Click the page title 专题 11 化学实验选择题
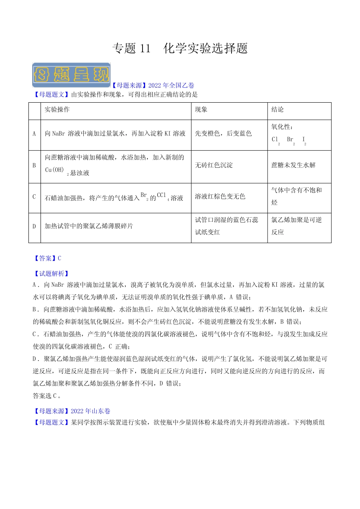(x=180, y=48)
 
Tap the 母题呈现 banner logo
(x=71, y=75)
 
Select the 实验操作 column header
(x=57, y=109)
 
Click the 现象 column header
(x=201, y=109)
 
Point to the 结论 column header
(x=277, y=109)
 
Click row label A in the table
(x=34, y=134)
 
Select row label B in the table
(x=34, y=166)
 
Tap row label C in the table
(x=34, y=197)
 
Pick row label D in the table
(x=34, y=226)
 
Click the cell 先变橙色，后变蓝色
(x=223, y=134)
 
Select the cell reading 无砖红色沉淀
(x=214, y=166)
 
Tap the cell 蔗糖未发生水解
(x=293, y=166)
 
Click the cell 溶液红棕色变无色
(x=220, y=197)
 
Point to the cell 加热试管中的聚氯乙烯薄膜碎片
(x=89, y=226)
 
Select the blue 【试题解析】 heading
(x=52, y=273)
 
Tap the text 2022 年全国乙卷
(x=171, y=86)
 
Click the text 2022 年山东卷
(x=91, y=411)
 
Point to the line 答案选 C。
(x=47, y=396)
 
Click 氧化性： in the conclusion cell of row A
(x=282, y=127)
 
